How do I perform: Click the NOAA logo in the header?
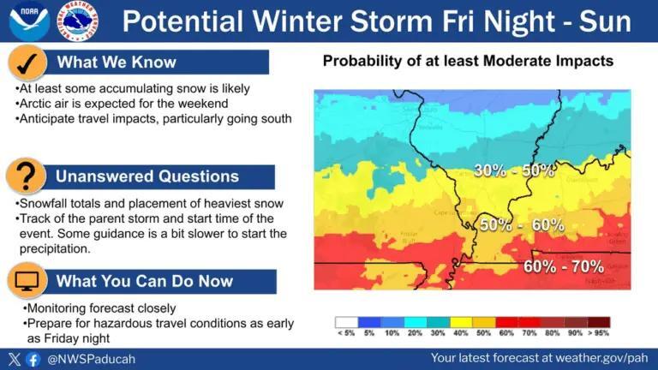coord(28,21)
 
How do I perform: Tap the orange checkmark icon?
coord(27,63)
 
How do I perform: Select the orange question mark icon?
coord(27,176)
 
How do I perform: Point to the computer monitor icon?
coord(27,281)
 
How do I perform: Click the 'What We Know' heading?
coord(116,62)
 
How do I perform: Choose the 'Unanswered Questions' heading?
coord(147,176)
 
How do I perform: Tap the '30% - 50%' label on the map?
coord(514,170)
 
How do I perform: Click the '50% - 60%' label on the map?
coord(521,224)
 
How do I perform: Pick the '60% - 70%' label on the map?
coord(564,266)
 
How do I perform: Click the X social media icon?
coord(14,360)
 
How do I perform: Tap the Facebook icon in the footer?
coord(33,360)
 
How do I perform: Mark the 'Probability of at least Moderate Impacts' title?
coord(468,62)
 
